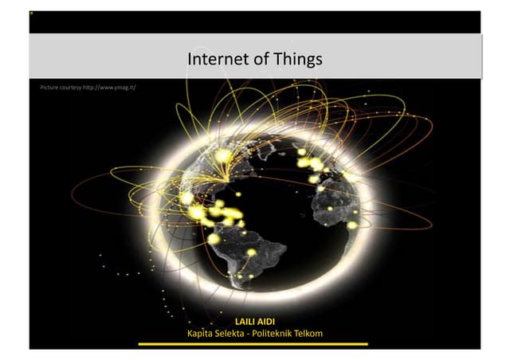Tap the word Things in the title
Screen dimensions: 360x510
tap(300, 59)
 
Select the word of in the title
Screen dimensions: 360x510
tap(257, 59)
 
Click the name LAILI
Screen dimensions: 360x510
tap(245, 322)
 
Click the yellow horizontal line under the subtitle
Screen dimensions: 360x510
tap(253, 344)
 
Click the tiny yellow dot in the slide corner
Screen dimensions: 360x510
tap(31, 14)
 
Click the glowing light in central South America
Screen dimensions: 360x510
tap(251, 252)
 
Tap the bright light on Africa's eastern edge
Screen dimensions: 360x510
tap(351, 225)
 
